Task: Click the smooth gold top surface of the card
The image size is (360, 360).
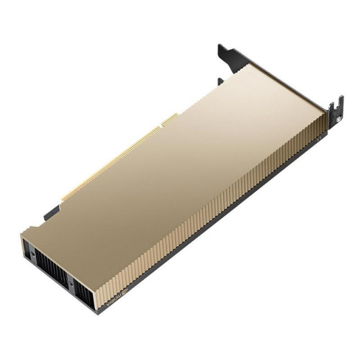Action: (180, 158)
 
